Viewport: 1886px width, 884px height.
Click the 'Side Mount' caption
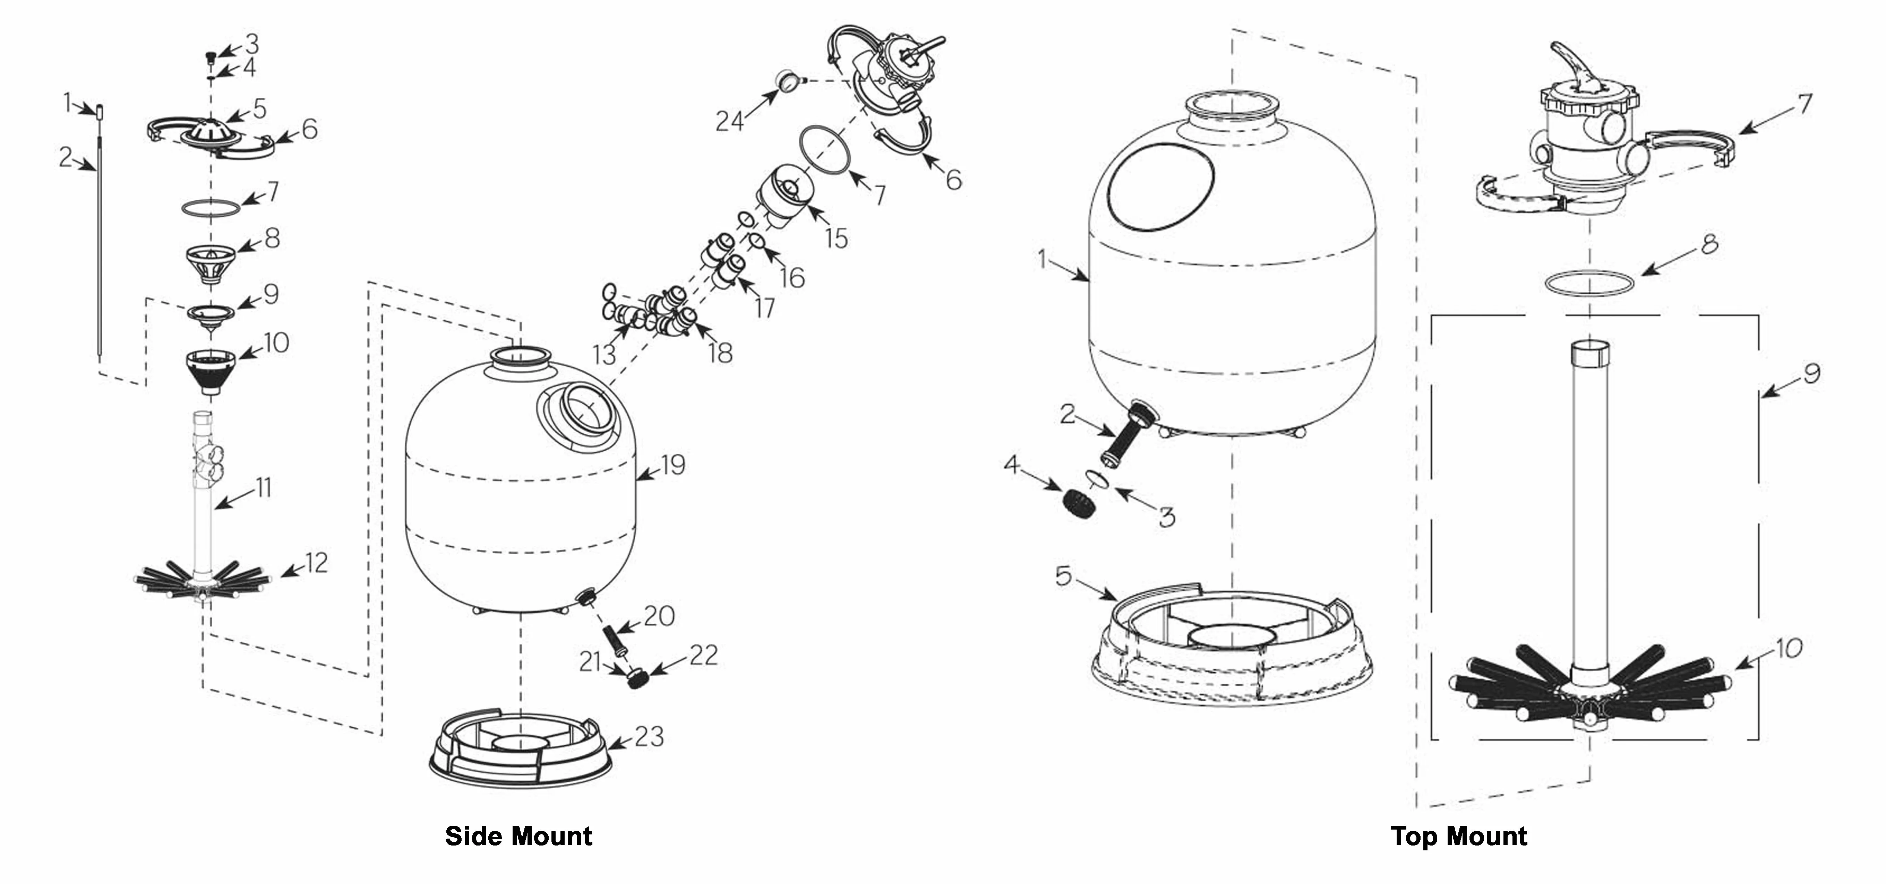pyautogui.click(x=518, y=837)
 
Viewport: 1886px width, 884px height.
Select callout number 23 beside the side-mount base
pyautogui.click(x=649, y=736)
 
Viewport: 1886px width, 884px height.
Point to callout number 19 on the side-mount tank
pyautogui.click(x=672, y=465)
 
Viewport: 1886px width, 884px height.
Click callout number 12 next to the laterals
pyautogui.click(x=316, y=563)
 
